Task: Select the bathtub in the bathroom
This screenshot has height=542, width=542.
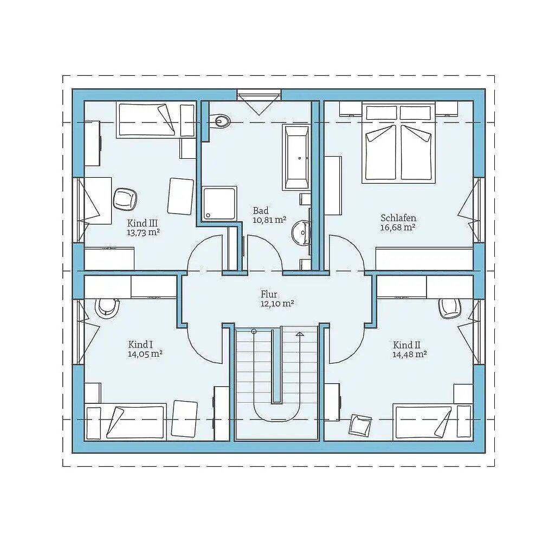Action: pyautogui.click(x=296, y=157)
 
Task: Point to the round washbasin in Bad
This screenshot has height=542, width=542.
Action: pyautogui.click(x=301, y=233)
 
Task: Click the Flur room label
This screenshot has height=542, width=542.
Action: pyautogui.click(x=269, y=294)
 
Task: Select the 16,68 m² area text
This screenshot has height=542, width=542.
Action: pyautogui.click(x=398, y=227)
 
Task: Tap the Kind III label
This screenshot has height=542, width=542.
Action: pyautogui.click(x=143, y=223)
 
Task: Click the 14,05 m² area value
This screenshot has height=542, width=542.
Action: pyautogui.click(x=145, y=354)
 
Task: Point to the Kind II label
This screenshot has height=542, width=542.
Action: pyautogui.click(x=407, y=345)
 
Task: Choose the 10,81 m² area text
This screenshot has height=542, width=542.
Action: pyautogui.click(x=269, y=220)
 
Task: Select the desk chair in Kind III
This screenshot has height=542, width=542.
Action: pyautogui.click(x=125, y=199)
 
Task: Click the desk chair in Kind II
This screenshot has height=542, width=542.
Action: pyautogui.click(x=450, y=308)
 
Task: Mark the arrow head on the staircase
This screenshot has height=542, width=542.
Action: pyautogui.click(x=300, y=333)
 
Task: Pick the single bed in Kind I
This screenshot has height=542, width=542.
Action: pyautogui.click(x=126, y=422)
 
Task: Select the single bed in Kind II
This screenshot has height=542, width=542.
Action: pyautogui.click(x=433, y=422)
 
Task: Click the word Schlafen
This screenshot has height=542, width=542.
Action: pyautogui.click(x=398, y=218)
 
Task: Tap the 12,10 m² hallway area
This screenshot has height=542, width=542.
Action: pyautogui.click(x=277, y=304)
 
